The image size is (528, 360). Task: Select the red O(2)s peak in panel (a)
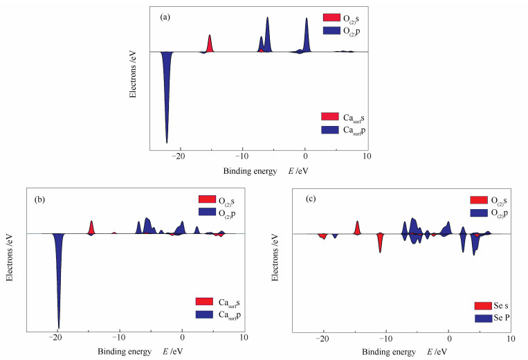[x=210, y=44]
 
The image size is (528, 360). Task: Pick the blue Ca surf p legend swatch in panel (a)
[x=330, y=129]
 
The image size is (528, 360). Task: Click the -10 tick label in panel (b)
[x=119, y=339]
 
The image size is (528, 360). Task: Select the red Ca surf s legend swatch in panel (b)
[x=205, y=302]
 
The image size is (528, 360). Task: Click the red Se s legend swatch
[x=482, y=305]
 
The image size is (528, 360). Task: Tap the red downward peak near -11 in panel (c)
[x=380, y=242]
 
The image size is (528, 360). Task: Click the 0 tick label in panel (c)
[x=449, y=339]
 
